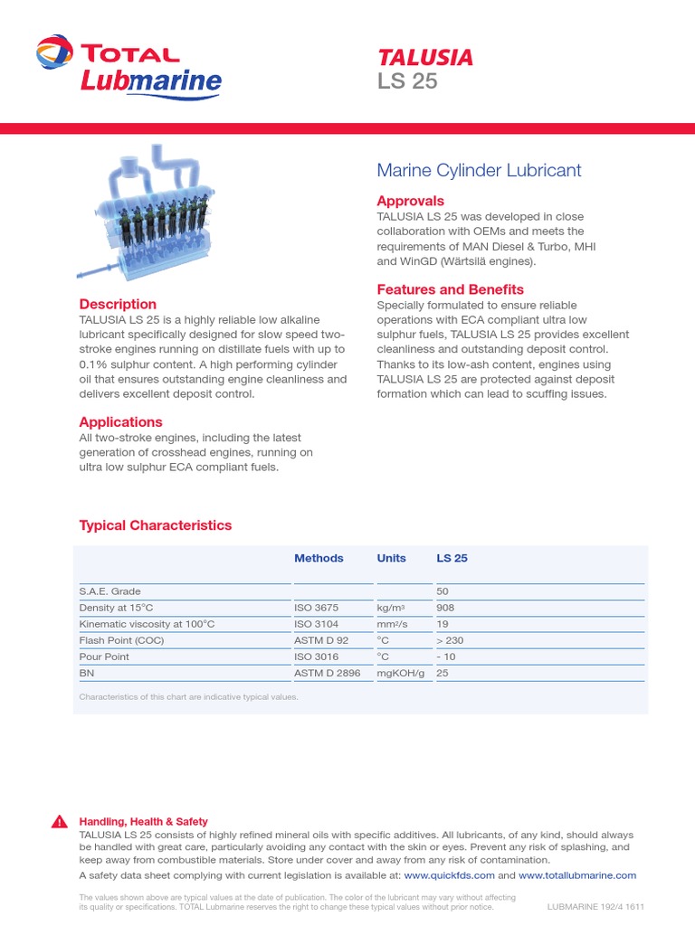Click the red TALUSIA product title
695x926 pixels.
click(x=424, y=58)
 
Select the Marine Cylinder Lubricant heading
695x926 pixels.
click(x=479, y=170)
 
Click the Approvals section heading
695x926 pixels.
click(x=410, y=201)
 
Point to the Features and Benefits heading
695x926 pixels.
click(x=450, y=289)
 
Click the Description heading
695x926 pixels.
click(x=118, y=304)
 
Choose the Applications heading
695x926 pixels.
click(x=120, y=421)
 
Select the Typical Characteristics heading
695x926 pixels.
click(x=155, y=525)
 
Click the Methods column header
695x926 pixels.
click(x=319, y=558)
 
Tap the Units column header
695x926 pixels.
click(x=391, y=558)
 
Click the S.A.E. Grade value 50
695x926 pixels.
click(x=443, y=591)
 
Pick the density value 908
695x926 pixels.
click(x=445, y=608)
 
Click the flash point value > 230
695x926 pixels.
click(x=451, y=640)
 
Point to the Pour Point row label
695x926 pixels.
click(x=104, y=657)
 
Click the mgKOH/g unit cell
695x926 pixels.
click(x=401, y=673)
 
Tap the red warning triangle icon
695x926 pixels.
click(x=59, y=821)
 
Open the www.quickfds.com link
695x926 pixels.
click(x=449, y=875)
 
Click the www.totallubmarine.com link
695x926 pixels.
click(x=577, y=875)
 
